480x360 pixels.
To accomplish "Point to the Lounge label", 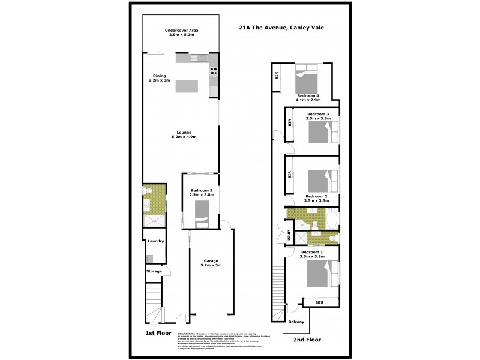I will (x=184, y=134).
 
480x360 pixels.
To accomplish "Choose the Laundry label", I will (x=155, y=241).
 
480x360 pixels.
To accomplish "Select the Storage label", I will (x=154, y=271).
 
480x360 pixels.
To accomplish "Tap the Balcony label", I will (x=296, y=322).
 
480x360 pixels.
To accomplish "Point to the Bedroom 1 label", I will (x=312, y=254).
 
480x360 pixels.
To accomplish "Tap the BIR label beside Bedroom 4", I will (x=277, y=76).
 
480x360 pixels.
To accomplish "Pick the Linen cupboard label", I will (x=289, y=234).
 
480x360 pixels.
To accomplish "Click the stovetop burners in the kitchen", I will (x=214, y=74).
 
